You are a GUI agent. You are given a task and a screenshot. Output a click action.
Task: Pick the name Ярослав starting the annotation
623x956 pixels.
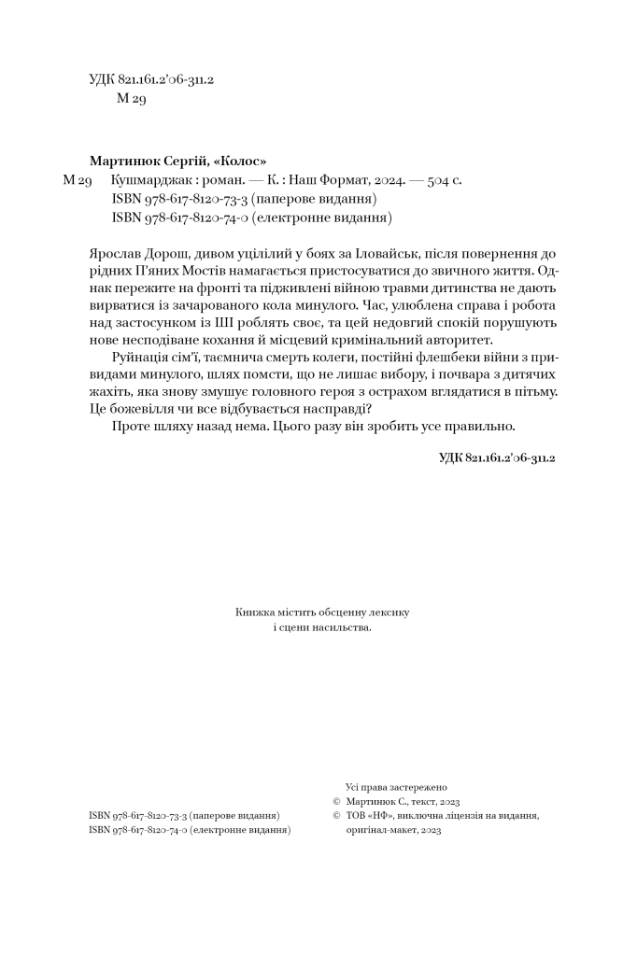(117, 254)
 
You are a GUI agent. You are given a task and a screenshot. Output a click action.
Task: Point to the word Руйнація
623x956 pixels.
(140, 358)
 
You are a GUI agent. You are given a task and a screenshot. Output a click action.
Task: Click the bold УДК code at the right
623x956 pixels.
(497, 457)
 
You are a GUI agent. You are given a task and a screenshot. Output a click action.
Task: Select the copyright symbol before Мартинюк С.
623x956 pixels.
(336, 801)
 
